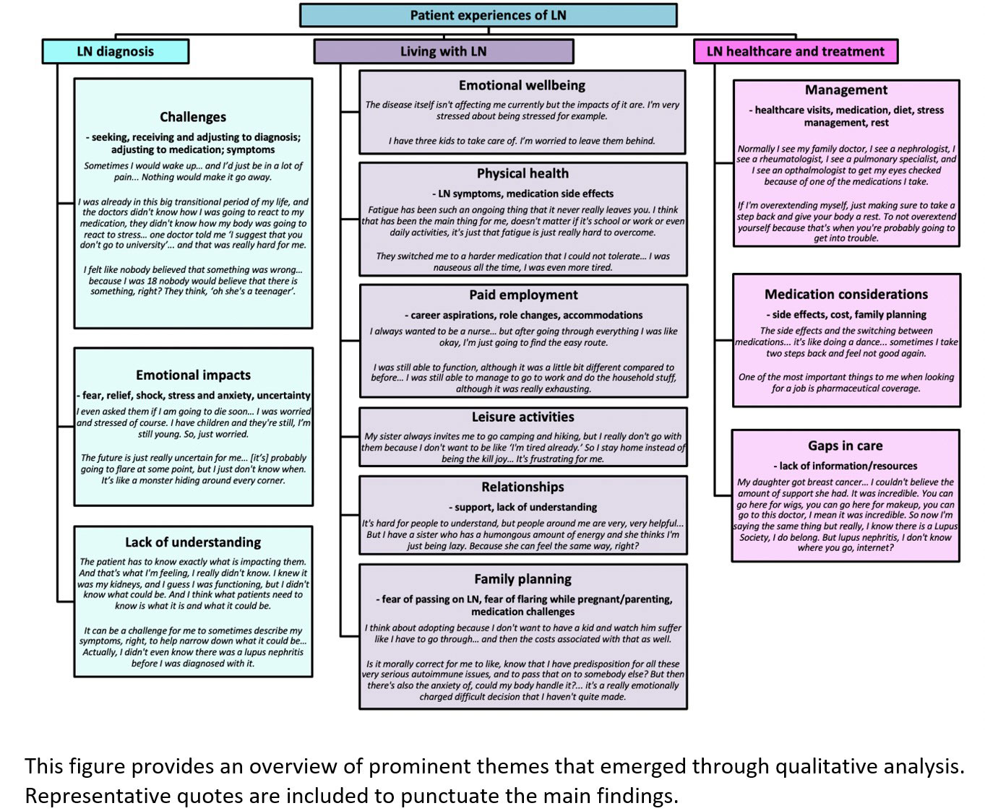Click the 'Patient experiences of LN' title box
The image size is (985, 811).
[488, 15]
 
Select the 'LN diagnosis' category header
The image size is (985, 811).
[116, 51]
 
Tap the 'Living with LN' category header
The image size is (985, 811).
[443, 51]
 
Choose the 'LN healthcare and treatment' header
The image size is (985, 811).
[795, 51]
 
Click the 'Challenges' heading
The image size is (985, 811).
[193, 117]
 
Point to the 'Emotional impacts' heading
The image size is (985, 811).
[193, 375]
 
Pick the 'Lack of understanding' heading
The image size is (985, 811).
[193, 542]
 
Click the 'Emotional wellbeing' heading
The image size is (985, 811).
[522, 85]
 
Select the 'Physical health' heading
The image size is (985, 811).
[522, 173]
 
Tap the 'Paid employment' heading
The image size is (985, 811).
[523, 295]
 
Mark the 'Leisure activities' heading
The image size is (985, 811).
[522, 417]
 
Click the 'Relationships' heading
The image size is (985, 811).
[522, 487]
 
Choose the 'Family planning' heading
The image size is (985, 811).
[522, 578]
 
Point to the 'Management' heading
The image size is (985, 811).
[846, 90]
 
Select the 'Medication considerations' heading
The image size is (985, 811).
[846, 294]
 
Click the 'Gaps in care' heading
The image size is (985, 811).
[845, 446]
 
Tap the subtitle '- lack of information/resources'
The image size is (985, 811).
[845, 466]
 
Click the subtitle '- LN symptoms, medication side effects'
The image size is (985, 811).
[522, 194]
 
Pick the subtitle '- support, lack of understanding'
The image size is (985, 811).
[522, 507]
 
